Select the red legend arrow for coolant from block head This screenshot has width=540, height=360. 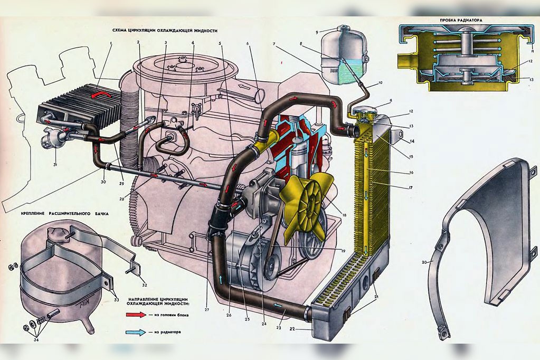pos(138,315)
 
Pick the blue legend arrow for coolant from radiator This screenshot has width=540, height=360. pos(138,333)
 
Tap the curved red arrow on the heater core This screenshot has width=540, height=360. pos(100,94)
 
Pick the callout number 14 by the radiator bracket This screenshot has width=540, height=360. pos(412,141)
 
